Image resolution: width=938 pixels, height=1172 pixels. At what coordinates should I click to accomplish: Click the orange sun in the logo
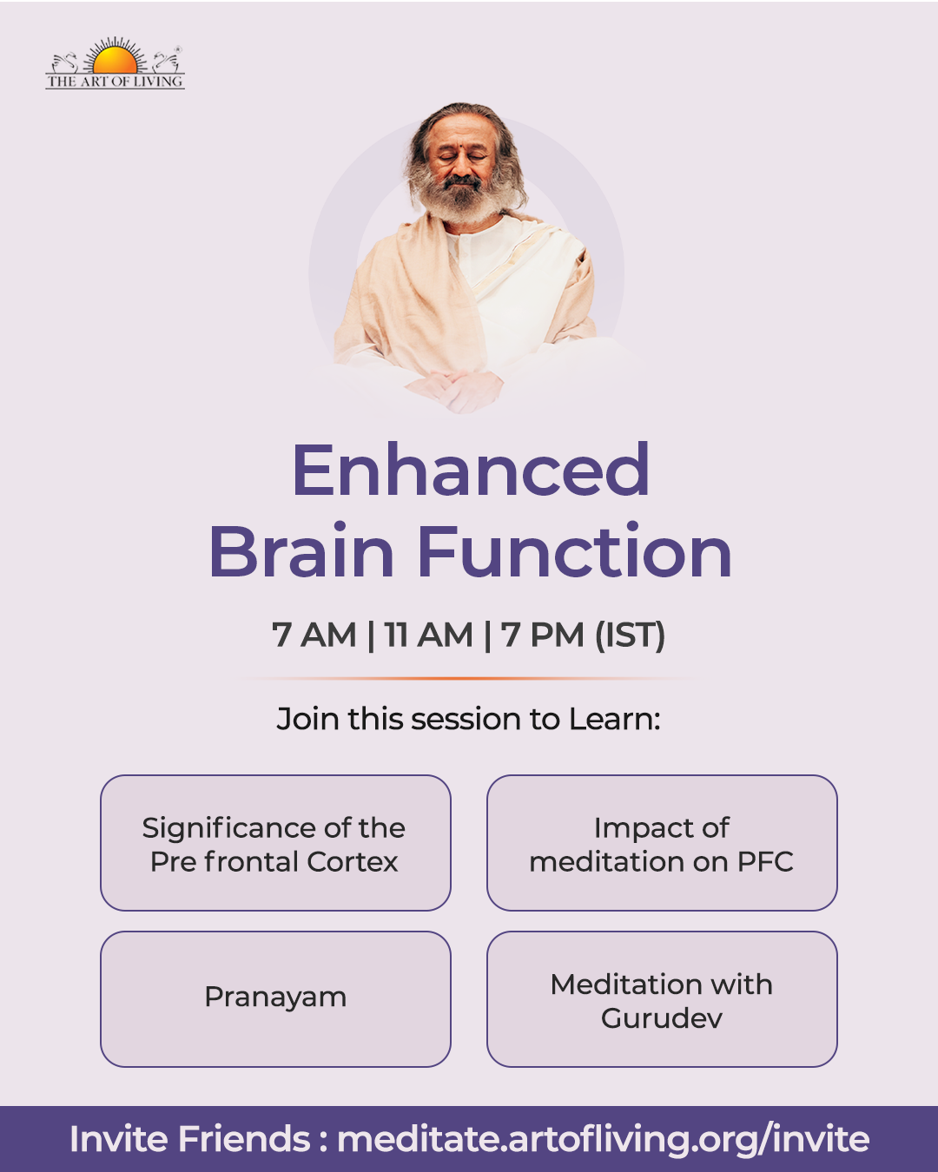[115, 59]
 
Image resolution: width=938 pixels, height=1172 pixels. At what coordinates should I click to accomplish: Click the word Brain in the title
[301, 550]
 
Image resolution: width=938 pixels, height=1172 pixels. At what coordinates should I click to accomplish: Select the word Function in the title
[575, 550]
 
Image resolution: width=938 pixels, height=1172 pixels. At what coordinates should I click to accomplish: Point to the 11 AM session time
[428, 635]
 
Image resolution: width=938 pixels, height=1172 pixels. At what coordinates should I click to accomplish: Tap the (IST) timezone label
[630, 635]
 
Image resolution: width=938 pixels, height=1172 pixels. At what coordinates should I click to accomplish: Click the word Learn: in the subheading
[615, 719]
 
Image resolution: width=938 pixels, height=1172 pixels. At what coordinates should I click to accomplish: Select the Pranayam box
[275, 999]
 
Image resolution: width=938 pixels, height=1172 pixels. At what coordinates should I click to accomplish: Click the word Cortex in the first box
[352, 862]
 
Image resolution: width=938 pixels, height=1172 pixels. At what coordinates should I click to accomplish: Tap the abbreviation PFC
[765, 862]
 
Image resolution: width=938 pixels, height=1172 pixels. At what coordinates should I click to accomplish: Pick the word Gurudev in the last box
[662, 1018]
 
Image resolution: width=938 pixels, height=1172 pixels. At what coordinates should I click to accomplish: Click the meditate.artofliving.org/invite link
[604, 1139]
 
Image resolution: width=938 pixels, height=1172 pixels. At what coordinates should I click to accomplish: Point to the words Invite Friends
[189, 1138]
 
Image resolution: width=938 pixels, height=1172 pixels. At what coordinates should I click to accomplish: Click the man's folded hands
[454, 390]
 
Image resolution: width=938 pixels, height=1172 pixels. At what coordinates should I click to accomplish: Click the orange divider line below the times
[469, 679]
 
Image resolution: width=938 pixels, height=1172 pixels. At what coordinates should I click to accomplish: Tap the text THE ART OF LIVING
[115, 82]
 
